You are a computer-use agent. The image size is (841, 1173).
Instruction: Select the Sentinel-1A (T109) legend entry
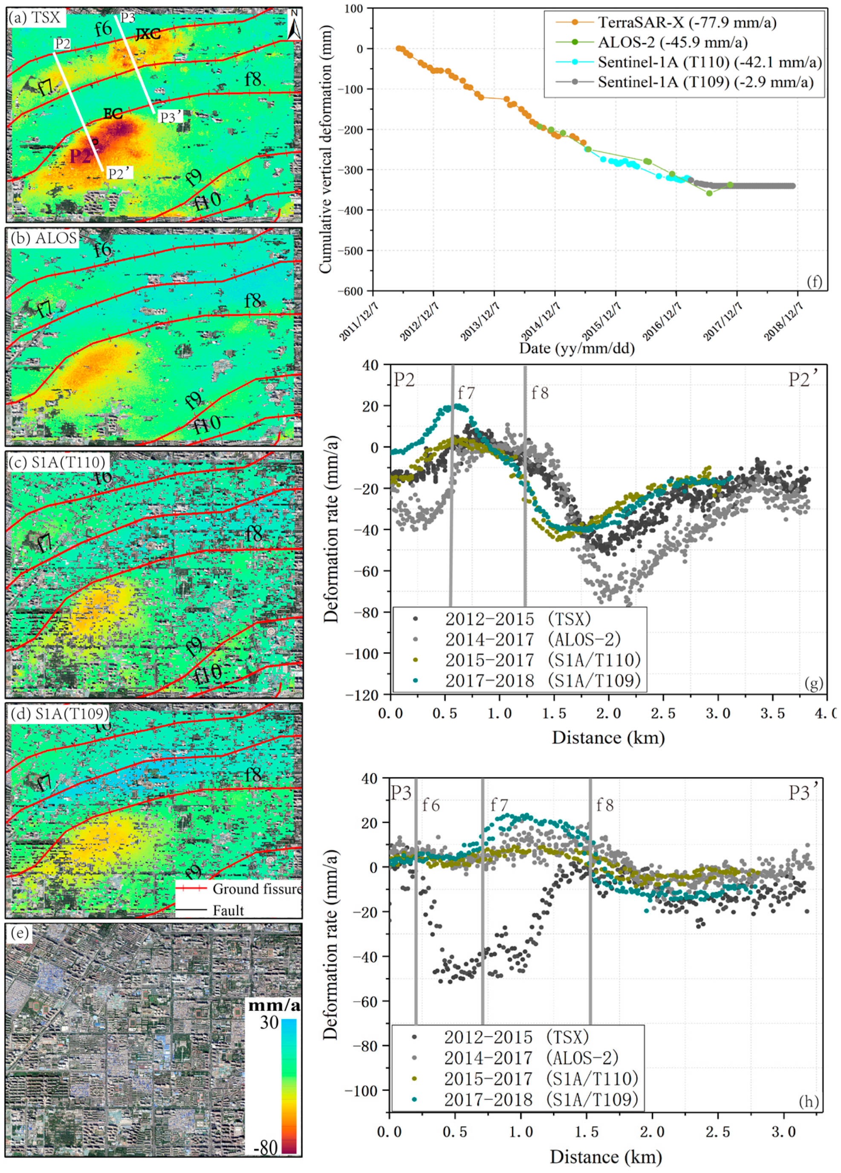[705, 82]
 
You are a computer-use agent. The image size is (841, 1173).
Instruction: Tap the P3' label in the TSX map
[171, 117]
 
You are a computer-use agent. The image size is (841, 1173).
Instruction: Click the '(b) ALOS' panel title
[44, 238]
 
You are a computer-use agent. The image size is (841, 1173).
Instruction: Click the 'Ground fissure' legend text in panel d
[257, 888]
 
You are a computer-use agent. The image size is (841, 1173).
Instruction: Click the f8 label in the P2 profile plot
[540, 394]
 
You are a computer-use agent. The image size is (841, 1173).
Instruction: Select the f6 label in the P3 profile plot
[431, 805]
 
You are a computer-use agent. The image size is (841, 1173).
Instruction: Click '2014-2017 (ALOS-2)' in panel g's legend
[532, 640]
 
